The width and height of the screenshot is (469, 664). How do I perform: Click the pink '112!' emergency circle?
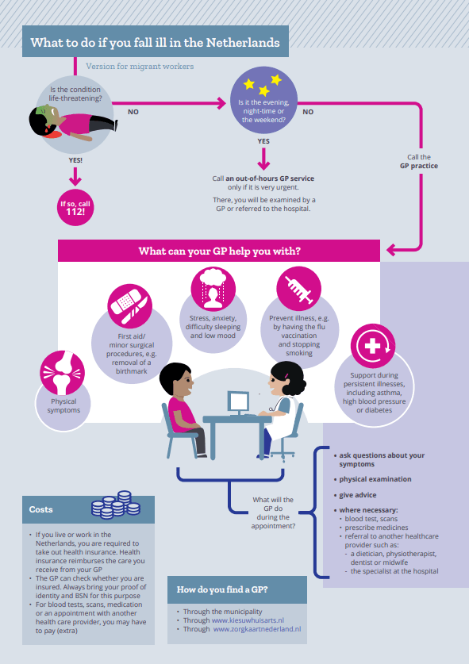75,207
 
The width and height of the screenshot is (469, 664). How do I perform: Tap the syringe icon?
299,290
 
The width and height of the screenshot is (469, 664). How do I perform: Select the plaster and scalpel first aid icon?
129,305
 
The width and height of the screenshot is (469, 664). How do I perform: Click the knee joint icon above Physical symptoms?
62,373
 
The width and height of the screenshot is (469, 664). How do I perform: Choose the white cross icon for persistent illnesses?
373,346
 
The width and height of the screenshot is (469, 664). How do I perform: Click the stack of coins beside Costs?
116,505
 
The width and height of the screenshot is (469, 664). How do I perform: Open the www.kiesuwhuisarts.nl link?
248,620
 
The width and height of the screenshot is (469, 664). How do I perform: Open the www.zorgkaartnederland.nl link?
257,629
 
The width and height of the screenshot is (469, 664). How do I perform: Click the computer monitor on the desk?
238,402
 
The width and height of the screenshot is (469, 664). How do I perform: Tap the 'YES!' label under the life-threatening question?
75,160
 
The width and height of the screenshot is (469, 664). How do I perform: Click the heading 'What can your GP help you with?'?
220,251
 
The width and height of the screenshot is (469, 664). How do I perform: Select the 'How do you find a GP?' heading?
222,589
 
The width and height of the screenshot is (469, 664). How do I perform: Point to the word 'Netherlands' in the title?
243,43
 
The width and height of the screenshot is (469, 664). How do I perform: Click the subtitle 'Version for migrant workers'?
140,66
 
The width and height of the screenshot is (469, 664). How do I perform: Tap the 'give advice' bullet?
358,495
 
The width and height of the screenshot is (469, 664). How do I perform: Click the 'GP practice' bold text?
419,166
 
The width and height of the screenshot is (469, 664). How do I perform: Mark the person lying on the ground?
73,123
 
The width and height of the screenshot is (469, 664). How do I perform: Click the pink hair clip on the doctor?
287,375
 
